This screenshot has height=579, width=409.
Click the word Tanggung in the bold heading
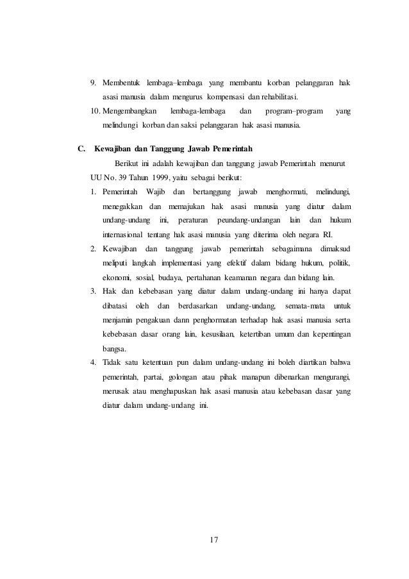pyautogui.click(x=164, y=150)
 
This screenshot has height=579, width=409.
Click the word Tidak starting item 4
pyautogui.click(x=112, y=364)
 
